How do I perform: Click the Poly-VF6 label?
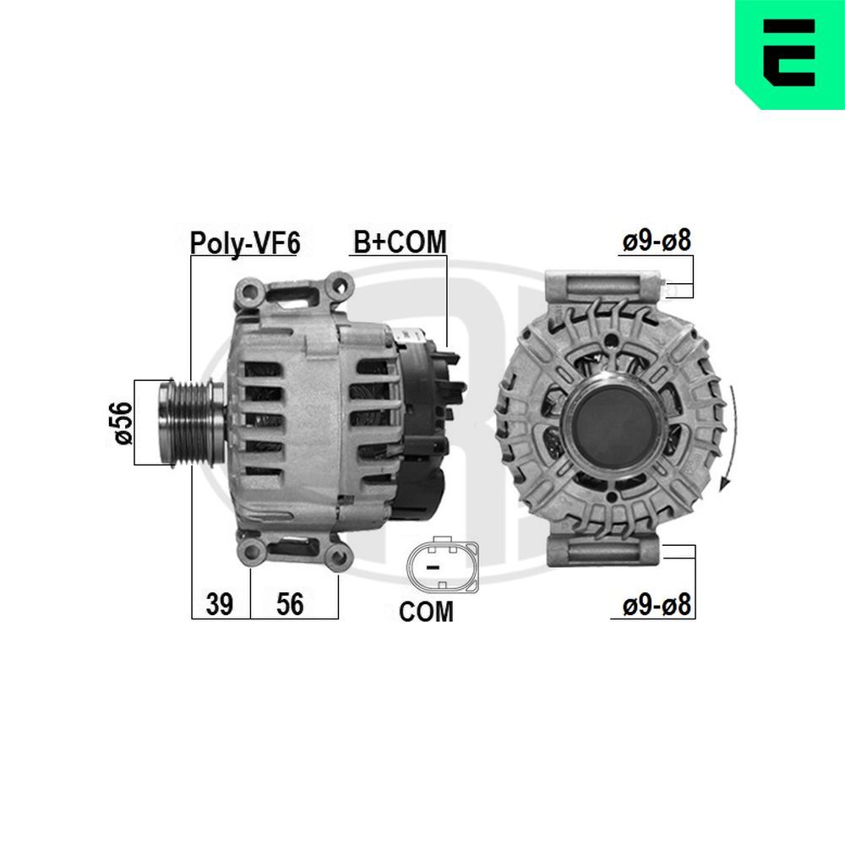(x=245, y=243)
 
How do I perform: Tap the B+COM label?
(x=399, y=242)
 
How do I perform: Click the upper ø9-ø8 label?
(x=657, y=241)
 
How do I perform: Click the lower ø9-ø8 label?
(x=657, y=605)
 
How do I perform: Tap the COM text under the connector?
(x=426, y=612)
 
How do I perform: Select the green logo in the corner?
(x=789, y=54)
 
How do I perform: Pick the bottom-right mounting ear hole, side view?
(x=338, y=555)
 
